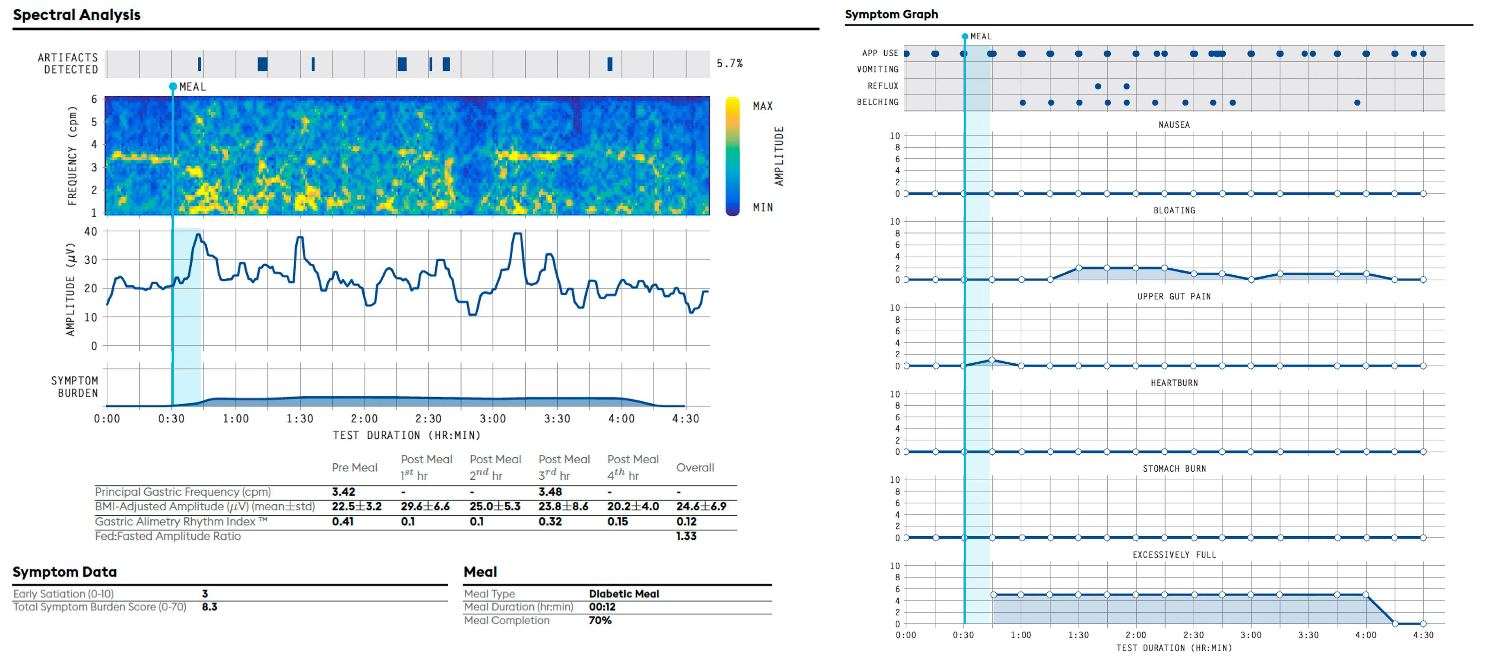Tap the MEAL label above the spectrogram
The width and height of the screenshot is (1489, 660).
192,87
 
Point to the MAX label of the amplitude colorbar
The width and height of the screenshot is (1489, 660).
762,106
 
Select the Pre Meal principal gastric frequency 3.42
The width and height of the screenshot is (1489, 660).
343,492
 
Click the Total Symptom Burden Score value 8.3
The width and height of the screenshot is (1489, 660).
209,607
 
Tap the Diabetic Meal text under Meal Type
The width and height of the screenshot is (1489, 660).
624,593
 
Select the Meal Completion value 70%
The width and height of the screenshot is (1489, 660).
600,621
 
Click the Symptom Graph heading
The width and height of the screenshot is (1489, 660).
891,14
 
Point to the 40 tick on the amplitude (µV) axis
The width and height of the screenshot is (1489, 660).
91,232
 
